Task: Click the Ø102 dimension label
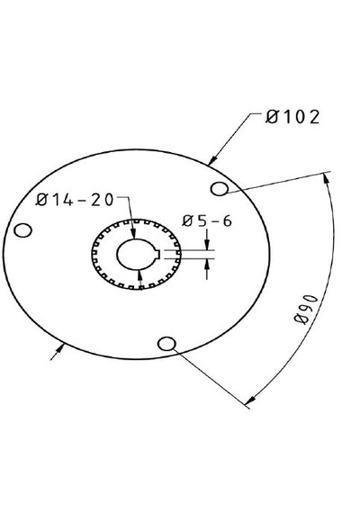pyautogui.click(x=292, y=117)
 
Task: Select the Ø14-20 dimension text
pyautogui.click(x=75, y=200)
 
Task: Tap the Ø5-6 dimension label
pyautogui.click(x=207, y=221)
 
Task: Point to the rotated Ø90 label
pyautogui.click(x=306, y=310)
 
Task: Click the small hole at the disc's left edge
pyautogui.click(x=22, y=230)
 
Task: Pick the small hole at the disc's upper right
pyautogui.click(x=220, y=189)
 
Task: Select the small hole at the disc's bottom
pyautogui.click(x=166, y=344)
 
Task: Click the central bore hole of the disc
pyautogui.click(x=137, y=254)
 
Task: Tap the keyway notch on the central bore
pyautogui.click(x=157, y=254)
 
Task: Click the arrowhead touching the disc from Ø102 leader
pyautogui.click(x=213, y=159)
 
